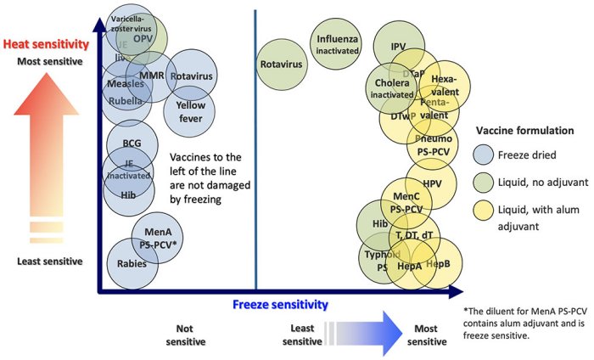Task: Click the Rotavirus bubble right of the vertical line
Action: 282,62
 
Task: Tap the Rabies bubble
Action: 127,262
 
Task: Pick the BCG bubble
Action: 131,143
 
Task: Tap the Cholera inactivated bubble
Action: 390,88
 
